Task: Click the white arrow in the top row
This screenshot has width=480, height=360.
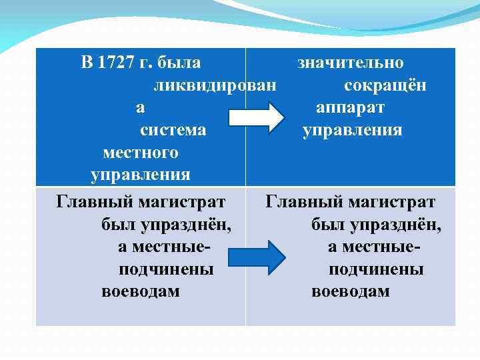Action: click(256, 118)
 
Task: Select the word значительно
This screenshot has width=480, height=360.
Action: click(351, 63)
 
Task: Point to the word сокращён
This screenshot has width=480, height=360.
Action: click(385, 86)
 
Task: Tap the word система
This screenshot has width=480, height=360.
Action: click(173, 130)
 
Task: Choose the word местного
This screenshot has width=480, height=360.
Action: click(141, 153)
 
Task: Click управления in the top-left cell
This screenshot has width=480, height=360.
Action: click(141, 175)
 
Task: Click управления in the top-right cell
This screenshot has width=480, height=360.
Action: click(353, 130)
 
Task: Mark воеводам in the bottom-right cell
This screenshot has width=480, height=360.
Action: click(351, 292)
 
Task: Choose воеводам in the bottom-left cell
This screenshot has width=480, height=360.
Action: click(141, 292)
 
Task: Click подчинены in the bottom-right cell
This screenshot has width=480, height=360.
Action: click(376, 269)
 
